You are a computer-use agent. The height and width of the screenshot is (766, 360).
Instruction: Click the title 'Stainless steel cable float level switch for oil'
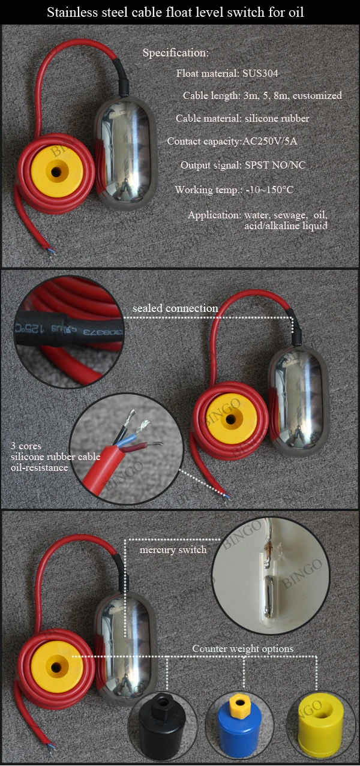(179, 12)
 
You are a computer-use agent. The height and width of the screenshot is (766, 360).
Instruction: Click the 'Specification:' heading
(175, 53)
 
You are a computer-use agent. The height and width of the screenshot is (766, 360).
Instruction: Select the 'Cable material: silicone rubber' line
(242, 119)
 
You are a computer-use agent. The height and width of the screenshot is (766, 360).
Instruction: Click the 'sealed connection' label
(175, 308)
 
